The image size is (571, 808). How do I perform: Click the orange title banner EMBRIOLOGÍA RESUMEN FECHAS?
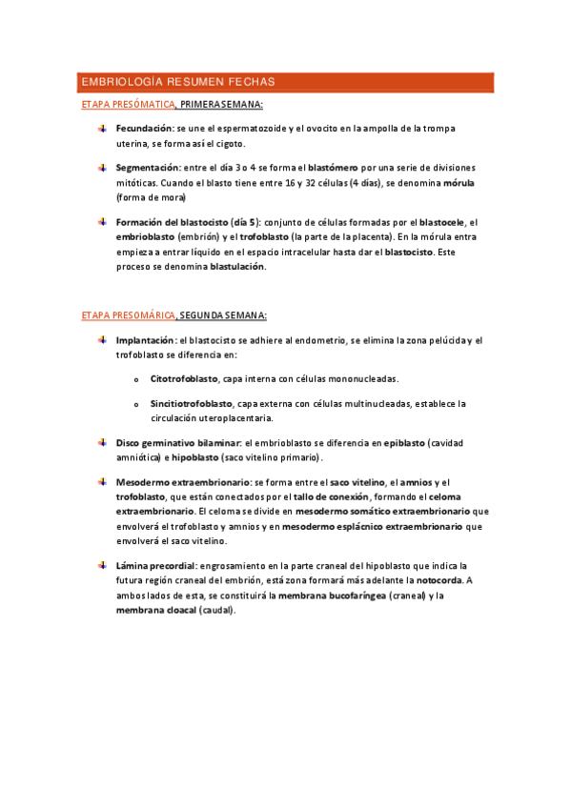pyautogui.click(x=285, y=82)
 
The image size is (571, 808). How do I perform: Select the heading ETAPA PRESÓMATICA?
pyautogui.click(x=127, y=104)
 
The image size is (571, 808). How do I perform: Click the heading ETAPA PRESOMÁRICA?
pyautogui.click(x=127, y=315)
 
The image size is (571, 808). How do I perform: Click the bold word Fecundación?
pyautogui.click(x=144, y=127)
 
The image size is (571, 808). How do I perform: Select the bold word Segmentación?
pyautogui.click(x=147, y=167)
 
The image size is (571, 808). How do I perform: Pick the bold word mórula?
pyautogui.click(x=517, y=181)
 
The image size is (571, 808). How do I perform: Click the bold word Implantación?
pyautogui.click(x=145, y=340)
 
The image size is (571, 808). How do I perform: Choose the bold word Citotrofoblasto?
pyautogui.click(x=184, y=378)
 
